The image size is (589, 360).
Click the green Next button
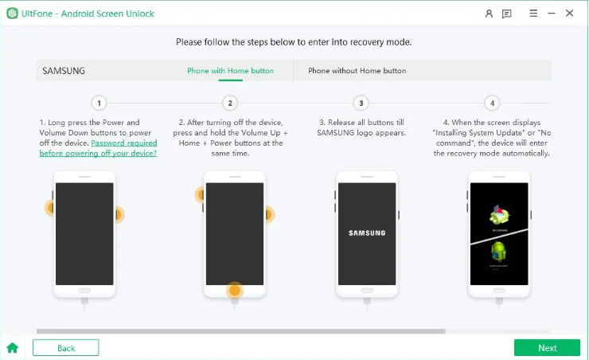point(547,348)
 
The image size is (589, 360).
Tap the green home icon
point(12,348)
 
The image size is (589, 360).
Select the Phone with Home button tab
point(230,71)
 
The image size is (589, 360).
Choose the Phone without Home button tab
point(357,71)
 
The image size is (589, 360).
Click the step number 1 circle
point(99,103)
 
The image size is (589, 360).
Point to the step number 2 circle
point(230,103)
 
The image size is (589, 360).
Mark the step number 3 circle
point(361,103)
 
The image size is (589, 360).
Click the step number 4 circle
point(493,103)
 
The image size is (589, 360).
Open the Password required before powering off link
point(98,148)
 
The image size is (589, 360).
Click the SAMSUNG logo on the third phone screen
point(367,233)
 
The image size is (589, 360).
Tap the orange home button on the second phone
point(234,290)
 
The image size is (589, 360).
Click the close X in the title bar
point(570,14)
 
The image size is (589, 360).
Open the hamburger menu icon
point(532,14)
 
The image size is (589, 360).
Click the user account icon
point(489,14)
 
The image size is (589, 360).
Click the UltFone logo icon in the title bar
point(12,14)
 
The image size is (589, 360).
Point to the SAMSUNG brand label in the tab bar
point(64,71)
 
